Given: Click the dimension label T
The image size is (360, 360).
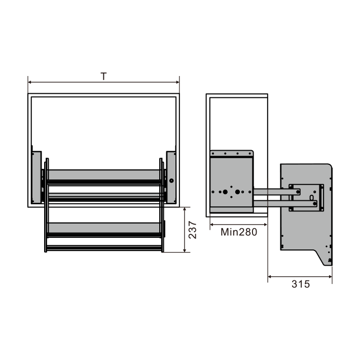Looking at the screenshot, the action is (x=103, y=76).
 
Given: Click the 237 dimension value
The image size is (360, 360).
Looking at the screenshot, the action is (x=192, y=230).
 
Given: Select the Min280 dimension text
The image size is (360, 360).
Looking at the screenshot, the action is (x=239, y=232).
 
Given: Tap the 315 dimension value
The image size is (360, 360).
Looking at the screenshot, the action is (x=301, y=284).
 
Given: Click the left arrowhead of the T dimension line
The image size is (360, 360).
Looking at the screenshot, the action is (x=29, y=82).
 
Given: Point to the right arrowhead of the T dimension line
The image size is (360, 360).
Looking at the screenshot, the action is (x=177, y=82).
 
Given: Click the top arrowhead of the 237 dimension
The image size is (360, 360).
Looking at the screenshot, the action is (x=185, y=209).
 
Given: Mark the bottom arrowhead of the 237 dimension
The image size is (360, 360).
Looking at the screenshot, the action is (x=185, y=250).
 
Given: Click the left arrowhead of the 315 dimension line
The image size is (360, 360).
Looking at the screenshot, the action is (x=270, y=277).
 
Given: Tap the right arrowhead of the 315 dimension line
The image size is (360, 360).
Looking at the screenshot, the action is (x=331, y=277).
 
